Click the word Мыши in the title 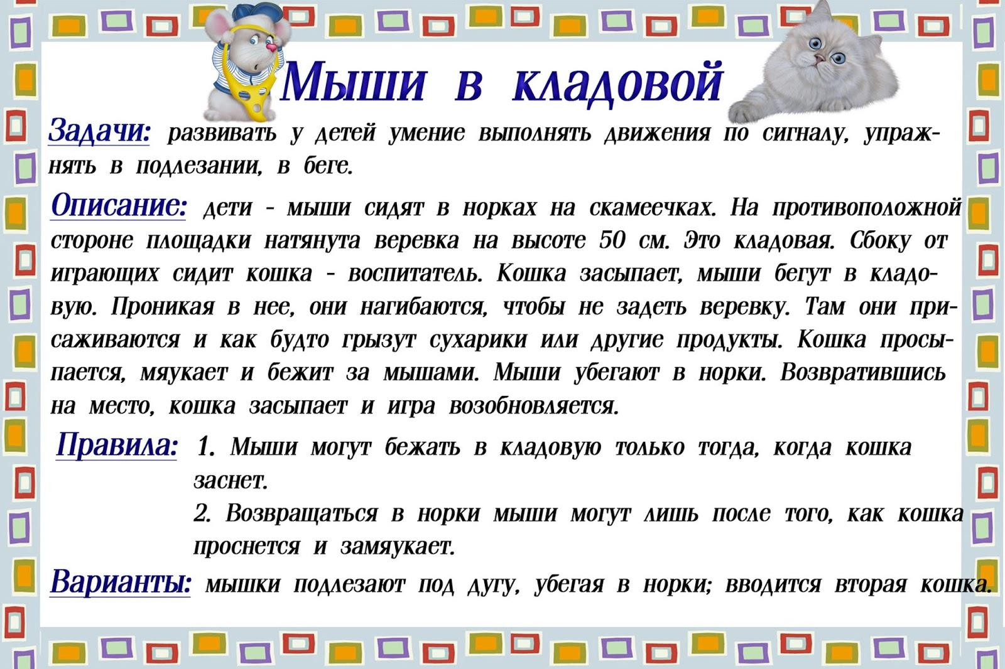[353, 82]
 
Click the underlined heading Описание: [119, 206]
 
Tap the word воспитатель [415, 273]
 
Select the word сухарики [478, 340]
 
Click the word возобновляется [534, 406]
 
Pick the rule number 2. [202, 513]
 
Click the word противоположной [867, 207]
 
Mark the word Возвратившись [863, 373]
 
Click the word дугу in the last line [493, 585]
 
